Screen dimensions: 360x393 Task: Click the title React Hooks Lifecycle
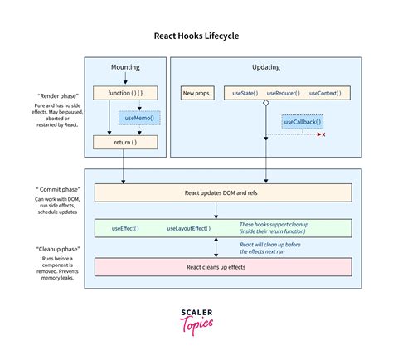click(x=196, y=36)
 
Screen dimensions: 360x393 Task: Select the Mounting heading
click(x=124, y=66)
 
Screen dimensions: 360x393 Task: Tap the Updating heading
click(x=265, y=66)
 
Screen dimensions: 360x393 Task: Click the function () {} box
click(x=124, y=93)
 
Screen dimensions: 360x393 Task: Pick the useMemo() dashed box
click(x=139, y=118)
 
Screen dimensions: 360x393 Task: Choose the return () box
click(x=124, y=143)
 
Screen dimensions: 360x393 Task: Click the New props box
click(x=196, y=93)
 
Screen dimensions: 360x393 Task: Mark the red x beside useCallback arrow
click(x=323, y=134)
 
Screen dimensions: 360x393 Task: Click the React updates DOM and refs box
click(x=224, y=192)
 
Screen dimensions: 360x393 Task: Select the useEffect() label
click(x=125, y=227)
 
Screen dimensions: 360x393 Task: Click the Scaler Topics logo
click(x=196, y=321)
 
